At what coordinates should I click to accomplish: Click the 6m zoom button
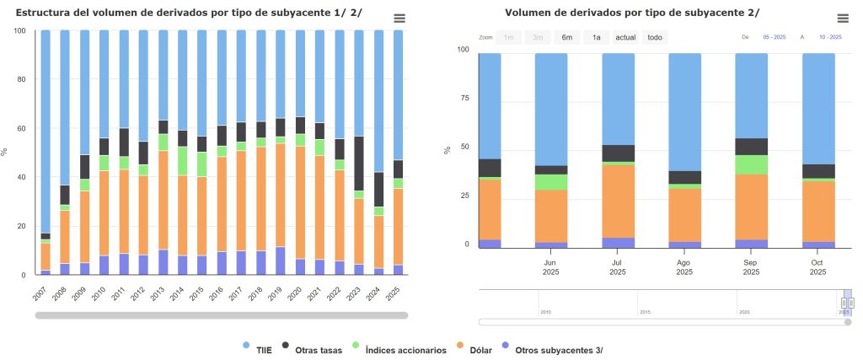(x=567, y=37)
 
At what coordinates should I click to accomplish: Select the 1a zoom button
(x=596, y=37)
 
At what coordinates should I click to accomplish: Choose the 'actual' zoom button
(x=625, y=37)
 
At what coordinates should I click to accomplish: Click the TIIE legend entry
(x=257, y=350)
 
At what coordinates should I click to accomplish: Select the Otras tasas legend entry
(x=312, y=350)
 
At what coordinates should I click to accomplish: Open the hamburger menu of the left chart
(x=399, y=19)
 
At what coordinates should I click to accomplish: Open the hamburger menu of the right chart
(x=843, y=19)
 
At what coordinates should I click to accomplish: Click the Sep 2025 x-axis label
(x=751, y=266)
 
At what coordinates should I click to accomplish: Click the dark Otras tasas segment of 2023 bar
(x=359, y=164)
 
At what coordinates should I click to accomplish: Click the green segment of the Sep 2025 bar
(x=751, y=164)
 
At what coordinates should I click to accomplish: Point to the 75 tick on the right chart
(x=462, y=98)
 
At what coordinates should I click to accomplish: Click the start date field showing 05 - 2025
(x=773, y=37)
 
